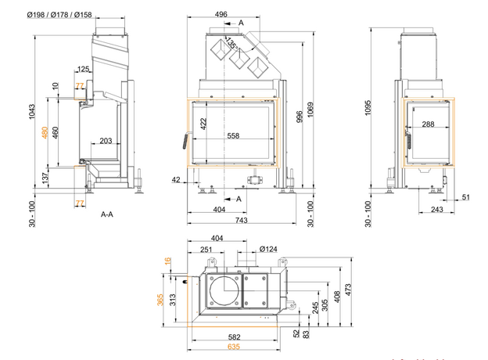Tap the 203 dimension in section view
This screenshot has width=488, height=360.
(106, 142)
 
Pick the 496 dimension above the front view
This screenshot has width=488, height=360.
(221, 15)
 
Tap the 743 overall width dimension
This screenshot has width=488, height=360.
(242, 222)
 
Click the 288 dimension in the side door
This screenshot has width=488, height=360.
(427, 124)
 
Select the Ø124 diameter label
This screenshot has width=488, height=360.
(268, 250)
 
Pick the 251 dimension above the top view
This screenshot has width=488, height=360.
(206, 249)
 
